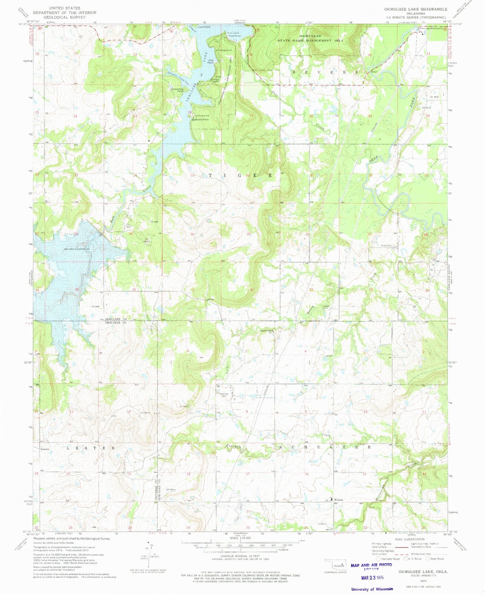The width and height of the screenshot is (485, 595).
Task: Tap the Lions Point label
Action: click(204, 27)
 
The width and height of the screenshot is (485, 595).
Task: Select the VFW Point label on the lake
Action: click(210, 61)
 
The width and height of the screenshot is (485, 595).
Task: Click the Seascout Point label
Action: click(200, 119)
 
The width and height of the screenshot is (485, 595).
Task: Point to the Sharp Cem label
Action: click(387, 245)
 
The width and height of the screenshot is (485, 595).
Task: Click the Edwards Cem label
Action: click(224, 395)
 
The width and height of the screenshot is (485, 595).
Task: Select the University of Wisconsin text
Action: click(372, 589)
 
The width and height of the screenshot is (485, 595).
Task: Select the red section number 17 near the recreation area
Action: click(251, 116)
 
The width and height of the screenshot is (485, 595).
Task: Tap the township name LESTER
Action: click(91, 448)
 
